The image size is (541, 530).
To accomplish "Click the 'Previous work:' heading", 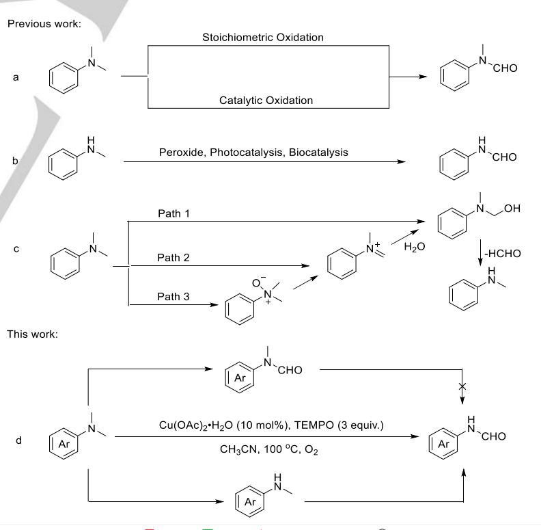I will pyautogui.click(x=44, y=24).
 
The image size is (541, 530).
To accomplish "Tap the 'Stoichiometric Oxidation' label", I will pyautogui.click(x=263, y=37).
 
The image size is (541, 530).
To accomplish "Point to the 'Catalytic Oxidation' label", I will pyautogui.click(x=266, y=101).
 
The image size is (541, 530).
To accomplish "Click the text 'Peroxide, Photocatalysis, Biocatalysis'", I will pyautogui.click(x=253, y=152).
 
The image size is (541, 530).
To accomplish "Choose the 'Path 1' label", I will pyautogui.click(x=174, y=213).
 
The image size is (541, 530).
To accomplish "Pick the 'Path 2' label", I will pyautogui.click(x=174, y=258).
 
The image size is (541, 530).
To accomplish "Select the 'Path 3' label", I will pyautogui.click(x=174, y=296).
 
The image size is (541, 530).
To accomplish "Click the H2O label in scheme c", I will pyautogui.click(x=413, y=246).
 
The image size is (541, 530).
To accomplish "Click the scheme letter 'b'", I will pyautogui.click(x=14, y=161).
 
